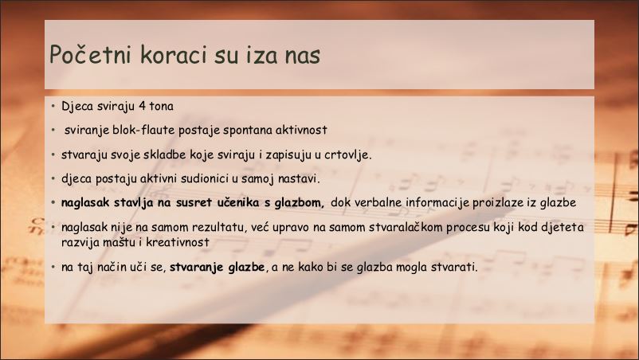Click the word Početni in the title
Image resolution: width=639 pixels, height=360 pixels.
[91, 54]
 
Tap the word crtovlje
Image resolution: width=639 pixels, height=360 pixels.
[347, 155]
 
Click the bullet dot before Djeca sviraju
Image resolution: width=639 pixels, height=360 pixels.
[53, 107]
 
